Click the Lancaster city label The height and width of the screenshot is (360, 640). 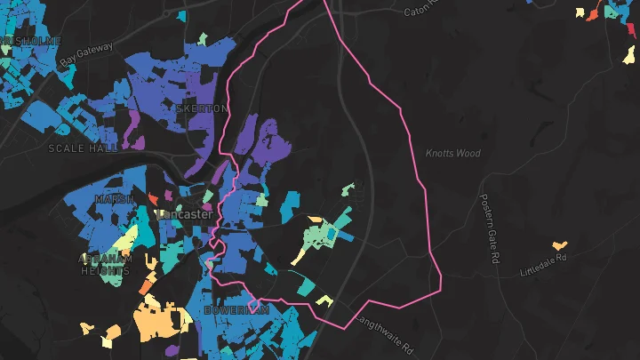[x=184, y=214]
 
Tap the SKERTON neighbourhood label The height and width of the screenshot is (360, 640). [x=202, y=108]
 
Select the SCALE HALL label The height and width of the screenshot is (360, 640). [x=84, y=148]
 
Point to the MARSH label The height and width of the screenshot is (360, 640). [x=115, y=199]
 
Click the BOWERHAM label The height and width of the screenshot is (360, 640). [x=236, y=311]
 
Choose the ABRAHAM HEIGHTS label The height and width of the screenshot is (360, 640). [x=106, y=265]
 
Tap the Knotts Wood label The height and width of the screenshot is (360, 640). [x=452, y=154]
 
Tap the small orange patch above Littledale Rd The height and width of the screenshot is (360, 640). [x=559, y=244]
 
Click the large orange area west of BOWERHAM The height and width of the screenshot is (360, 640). [x=160, y=320]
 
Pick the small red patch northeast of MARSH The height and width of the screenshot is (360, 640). [x=152, y=199]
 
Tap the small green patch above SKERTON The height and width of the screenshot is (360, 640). [x=202, y=39]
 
